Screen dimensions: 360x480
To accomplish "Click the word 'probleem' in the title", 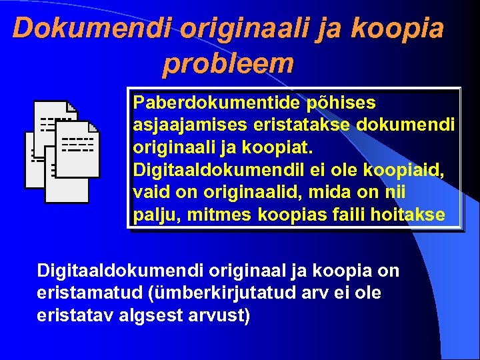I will pos(228,63).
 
